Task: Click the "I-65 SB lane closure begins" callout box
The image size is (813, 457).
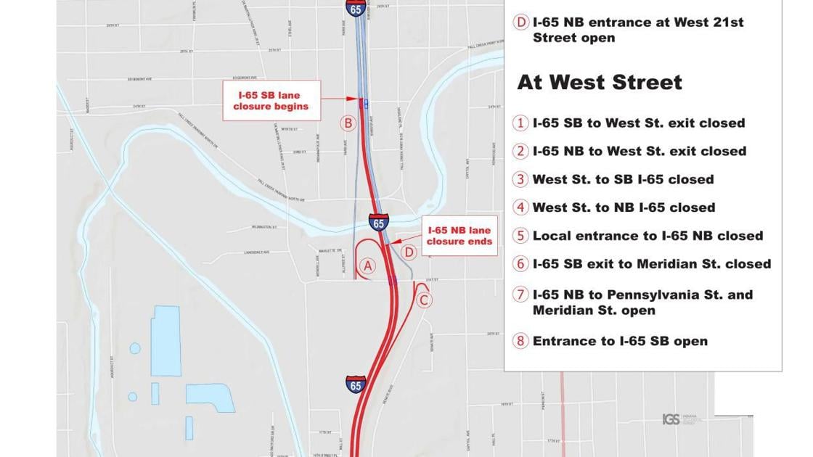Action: pyautogui.click(x=271, y=101)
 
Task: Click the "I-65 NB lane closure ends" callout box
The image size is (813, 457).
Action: pyautogui.click(x=459, y=236)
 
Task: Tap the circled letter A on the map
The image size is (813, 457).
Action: pyautogui.click(x=368, y=266)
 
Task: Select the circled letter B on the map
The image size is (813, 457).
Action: pyautogui.click(x=348, y=123)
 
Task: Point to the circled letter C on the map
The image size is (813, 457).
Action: pyautogui.click(x=425, y=300)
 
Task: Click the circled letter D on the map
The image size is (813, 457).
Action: pyautogui.click(x=409, y=252)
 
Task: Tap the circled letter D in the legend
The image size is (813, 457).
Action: pyautogui.click(x=520, y=22)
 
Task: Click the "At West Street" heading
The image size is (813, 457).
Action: pyautogui.click(x=599, y=82)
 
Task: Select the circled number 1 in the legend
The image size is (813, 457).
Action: pyautogui.click(x=520, y=123)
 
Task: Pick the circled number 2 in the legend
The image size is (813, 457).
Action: pyautogui.click(x=520, y=152)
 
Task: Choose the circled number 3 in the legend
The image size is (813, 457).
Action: pyautogui.click(x=520, y=180)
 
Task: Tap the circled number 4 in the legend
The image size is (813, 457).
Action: pyautogui.click(x=520, y=207)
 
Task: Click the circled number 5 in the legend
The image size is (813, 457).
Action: pyautogui.click(x=520, y=236)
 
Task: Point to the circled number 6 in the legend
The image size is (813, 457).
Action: pyautogui.click(x=520, y=264)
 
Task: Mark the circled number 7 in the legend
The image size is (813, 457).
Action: pyautogui.click(x=520, y=295)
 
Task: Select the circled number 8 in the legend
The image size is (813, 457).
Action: pyautogui.click(x=520, y=341)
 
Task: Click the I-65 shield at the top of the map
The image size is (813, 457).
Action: pyautogui.click(x=356, y=8)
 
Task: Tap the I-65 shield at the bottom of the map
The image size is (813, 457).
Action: pyautogui.click(x=356, y=385)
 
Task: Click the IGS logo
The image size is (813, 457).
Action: pyautogui.click(x=671, y=419)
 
